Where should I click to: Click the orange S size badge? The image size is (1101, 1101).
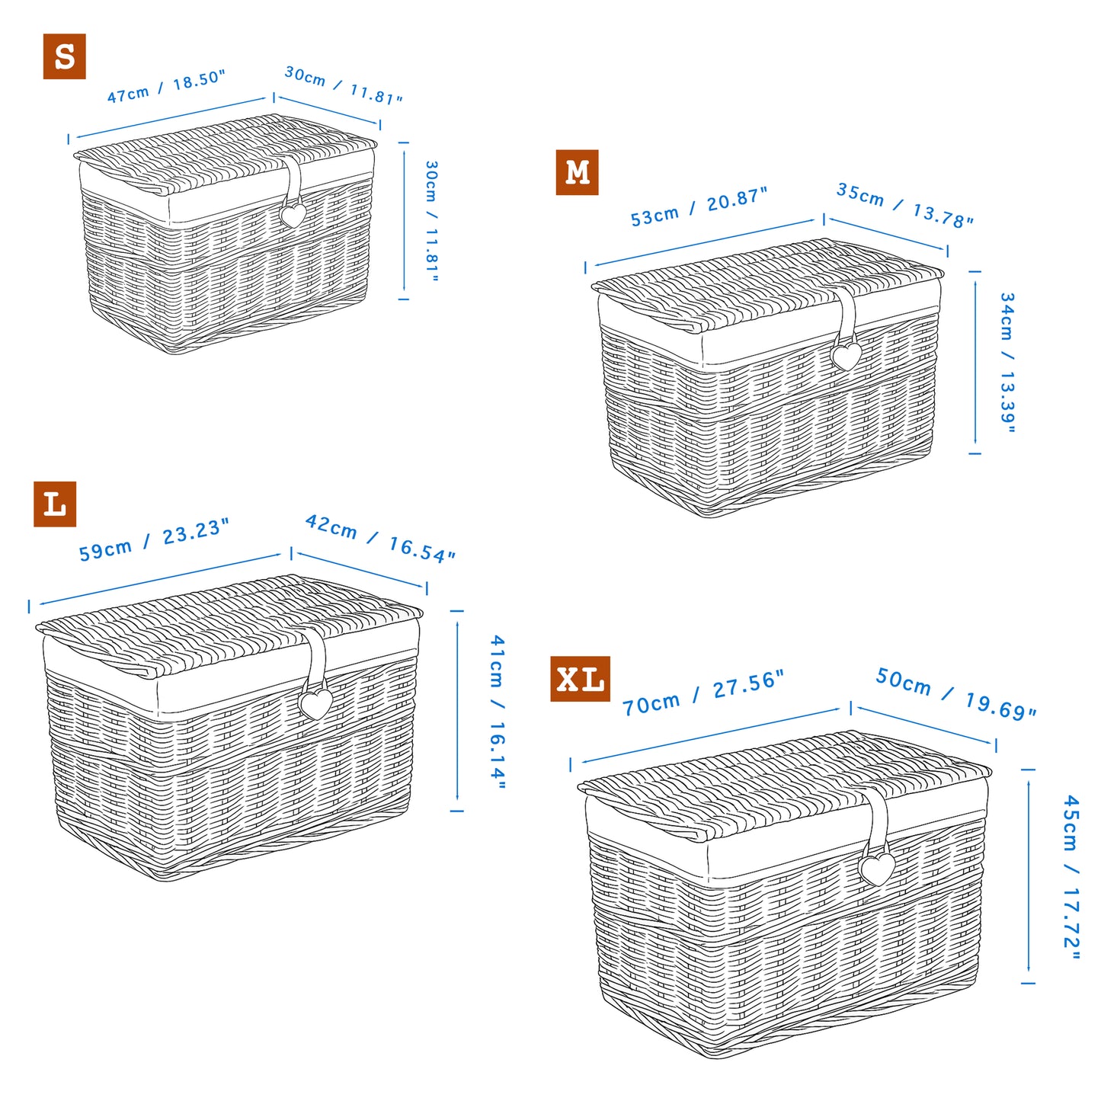pyautogui.click(x=65, y=56)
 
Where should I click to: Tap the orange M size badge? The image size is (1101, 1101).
pyautogui.click(x=577, y=172)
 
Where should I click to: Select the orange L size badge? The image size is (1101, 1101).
pyautogui.click(x=55, y=504)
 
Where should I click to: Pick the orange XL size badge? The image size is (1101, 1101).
pyautogui.click(x=580, y=679)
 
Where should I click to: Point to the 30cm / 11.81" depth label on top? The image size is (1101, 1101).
pyautogui.click(x=343, y=85)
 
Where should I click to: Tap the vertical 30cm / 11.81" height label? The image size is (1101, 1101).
pyautogui.click(x=431, y=221)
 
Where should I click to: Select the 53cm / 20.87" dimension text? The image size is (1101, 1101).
pyautogui.click(x=699, y=207)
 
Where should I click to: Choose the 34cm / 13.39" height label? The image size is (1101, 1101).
pyautogui.click(x=1007, y=363)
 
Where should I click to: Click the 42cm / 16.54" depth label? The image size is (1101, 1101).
pyautogui.click(x=379, y=539)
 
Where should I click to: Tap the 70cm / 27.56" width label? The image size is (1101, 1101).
pyautogui.click(x=703, y=693)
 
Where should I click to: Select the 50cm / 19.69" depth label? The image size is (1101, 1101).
pyautogui.click(x=955, y=693)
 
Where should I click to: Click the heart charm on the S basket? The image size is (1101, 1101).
pyautogui.click(x=293, y=216)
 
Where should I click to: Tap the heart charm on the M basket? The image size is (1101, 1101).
pyautogui.click(x=846, y=356)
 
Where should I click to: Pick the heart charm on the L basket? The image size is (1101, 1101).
pyautogui.click(x=315, y=704)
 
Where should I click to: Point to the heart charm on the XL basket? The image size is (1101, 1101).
pyautogui.click(x=877, y=868)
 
